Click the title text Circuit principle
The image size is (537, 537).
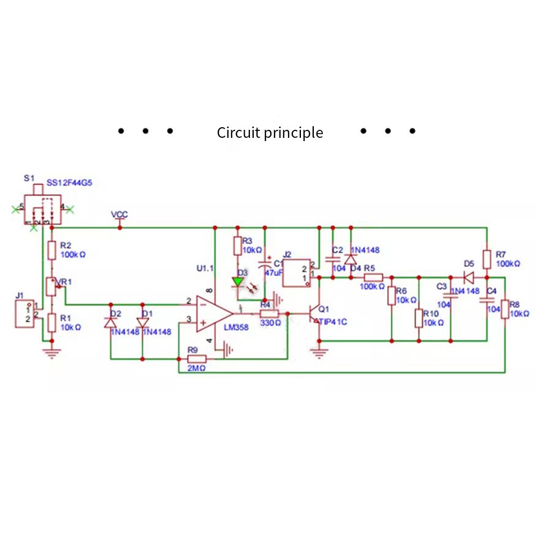point(270,133)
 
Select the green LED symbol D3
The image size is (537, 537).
point(238,281)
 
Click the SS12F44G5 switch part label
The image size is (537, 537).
point(70,182)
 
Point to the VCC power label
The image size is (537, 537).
point(119,215)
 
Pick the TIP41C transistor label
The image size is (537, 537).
point(333,322)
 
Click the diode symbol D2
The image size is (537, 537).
point(111,322)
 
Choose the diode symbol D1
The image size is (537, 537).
point(143,322)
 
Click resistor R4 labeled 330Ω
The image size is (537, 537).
point(269,314)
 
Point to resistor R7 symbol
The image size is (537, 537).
point(487,259)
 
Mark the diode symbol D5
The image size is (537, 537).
point(468,277)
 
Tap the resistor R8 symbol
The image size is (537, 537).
point(505,309)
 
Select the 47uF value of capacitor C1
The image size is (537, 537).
point(273,273)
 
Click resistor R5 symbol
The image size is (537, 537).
point(373,277)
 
